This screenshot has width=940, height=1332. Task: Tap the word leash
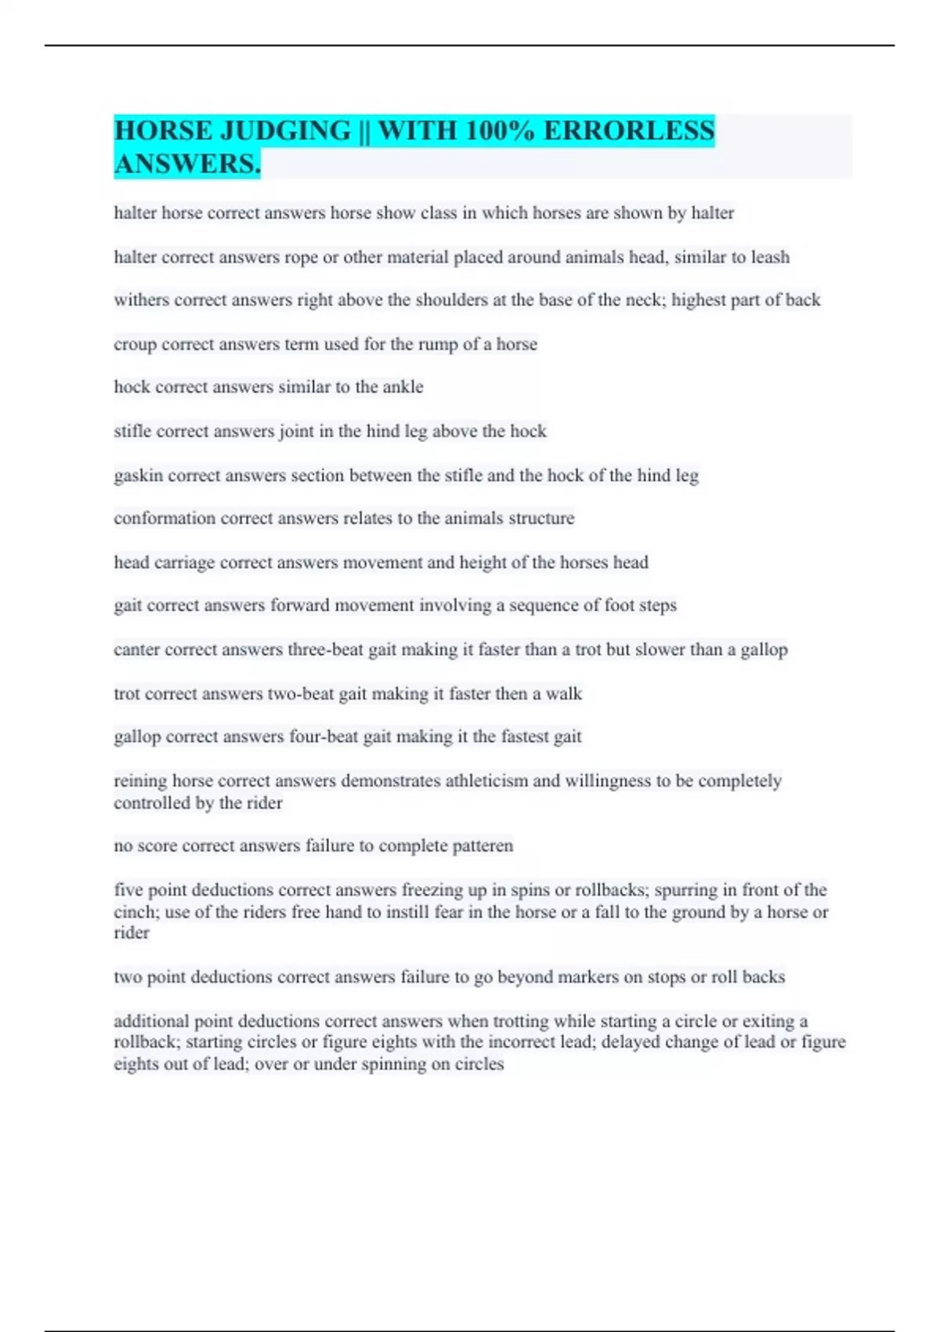(770, 257)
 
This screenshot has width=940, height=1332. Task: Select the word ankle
(403, 387)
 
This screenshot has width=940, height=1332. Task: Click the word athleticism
(486, 781)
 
